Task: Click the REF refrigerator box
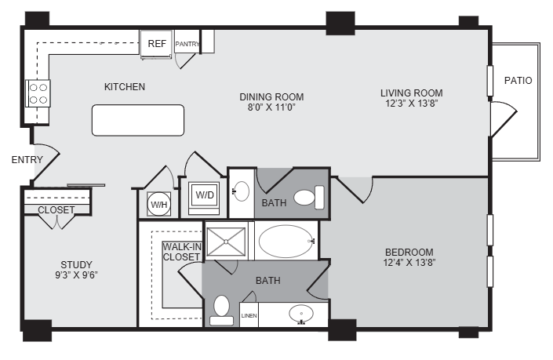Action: coord(156,44)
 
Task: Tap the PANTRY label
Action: coord(187,44)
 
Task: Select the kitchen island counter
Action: coord(138,120)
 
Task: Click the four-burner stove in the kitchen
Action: coord(38,93)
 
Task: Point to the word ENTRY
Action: coord(27,160)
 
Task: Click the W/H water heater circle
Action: coord(159,204)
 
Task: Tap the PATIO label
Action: coord(518,81)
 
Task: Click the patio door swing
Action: coord(504,119)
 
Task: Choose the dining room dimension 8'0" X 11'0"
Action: coord(271,107)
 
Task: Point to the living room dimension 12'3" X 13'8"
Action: coord(412,104)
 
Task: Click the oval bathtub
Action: coord(286,241)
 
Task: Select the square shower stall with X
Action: coord(226,242)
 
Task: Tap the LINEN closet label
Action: coord(249,315)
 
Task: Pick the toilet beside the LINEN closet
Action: coord(221,311)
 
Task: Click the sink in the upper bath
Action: coord(242,191)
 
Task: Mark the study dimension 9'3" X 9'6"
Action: coord(76,275)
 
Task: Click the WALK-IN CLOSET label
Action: coord(182,252)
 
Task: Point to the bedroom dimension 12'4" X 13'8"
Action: coord(409,263)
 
